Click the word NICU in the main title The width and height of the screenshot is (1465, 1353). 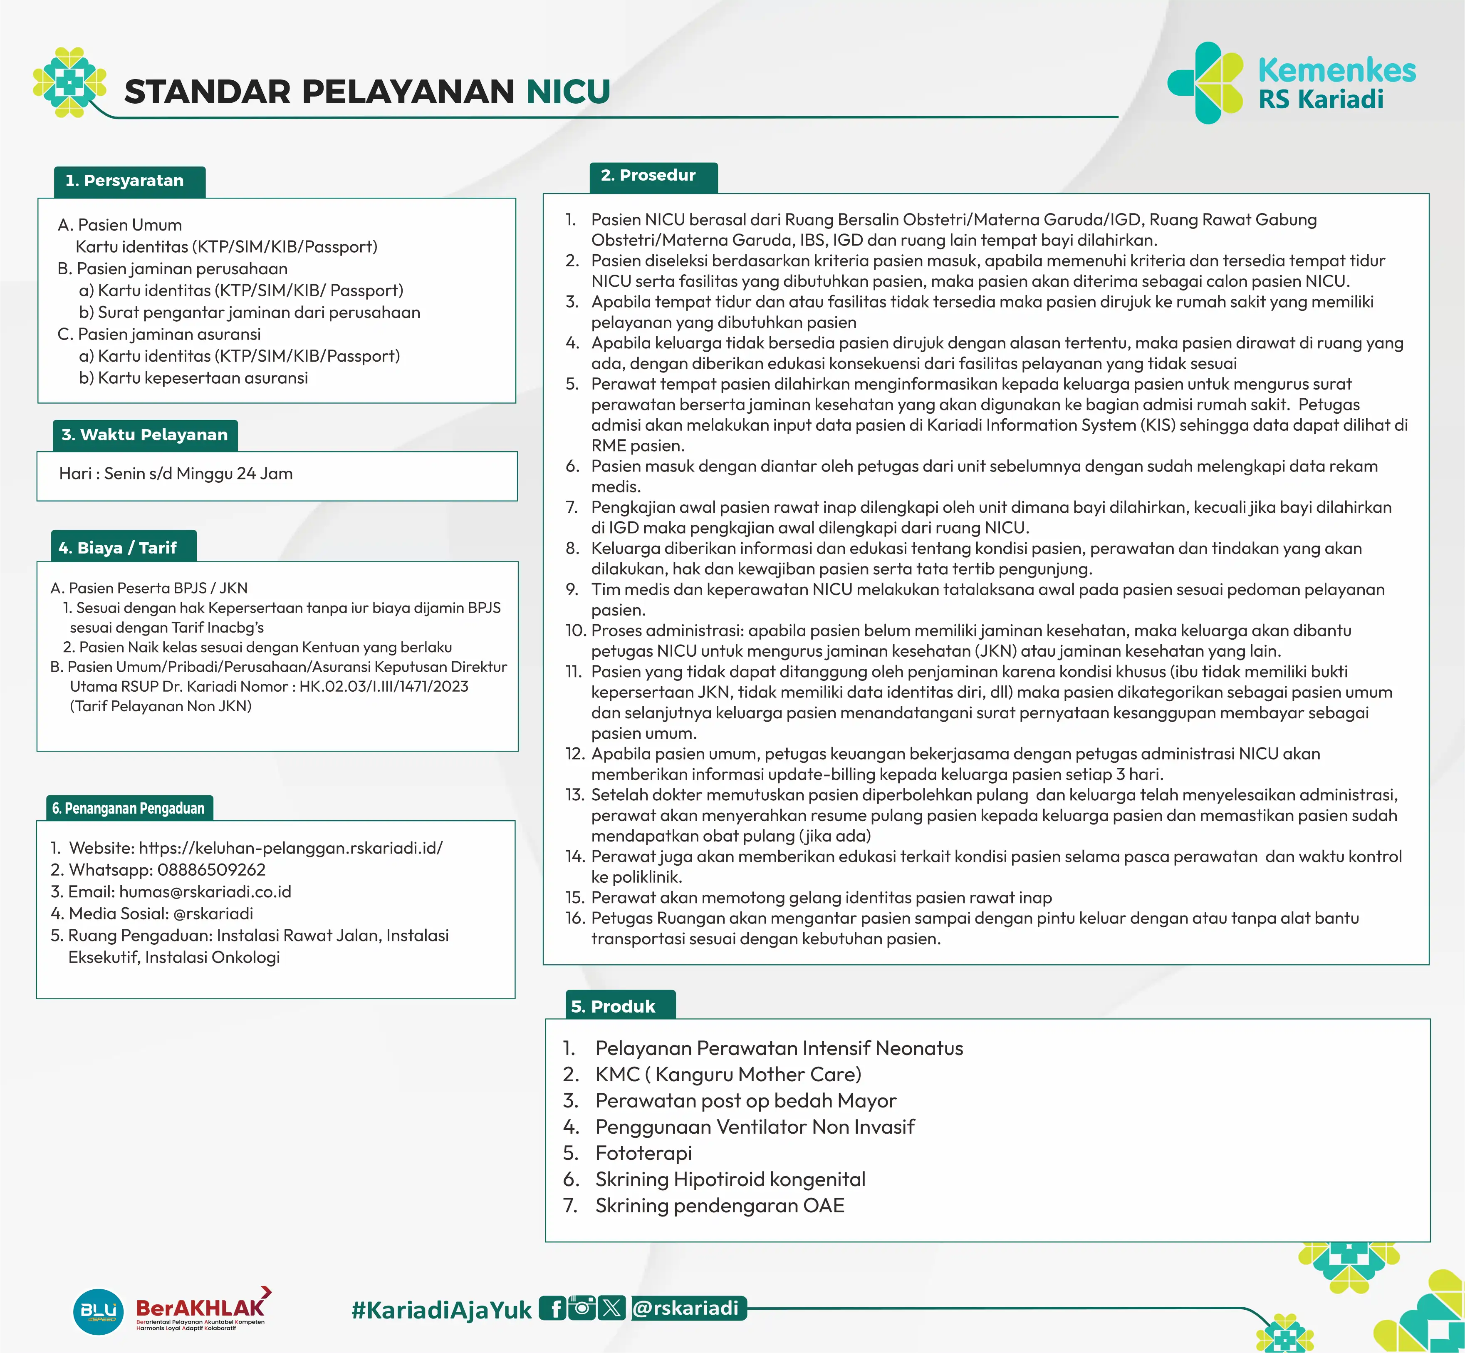568,92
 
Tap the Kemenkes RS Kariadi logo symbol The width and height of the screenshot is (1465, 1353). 1205,83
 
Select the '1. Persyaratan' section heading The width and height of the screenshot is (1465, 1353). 125,181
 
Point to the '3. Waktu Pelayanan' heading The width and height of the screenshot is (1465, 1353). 145,435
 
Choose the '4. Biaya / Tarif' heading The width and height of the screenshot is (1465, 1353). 118,548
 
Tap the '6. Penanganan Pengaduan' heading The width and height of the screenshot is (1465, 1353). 129,808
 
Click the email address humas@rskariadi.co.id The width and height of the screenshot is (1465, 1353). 205,892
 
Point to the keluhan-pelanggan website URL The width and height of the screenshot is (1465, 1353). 290,848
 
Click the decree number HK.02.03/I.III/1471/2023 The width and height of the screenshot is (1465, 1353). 384,687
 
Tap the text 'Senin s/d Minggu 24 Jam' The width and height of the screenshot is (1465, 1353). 198,474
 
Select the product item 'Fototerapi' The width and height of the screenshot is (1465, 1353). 643,1153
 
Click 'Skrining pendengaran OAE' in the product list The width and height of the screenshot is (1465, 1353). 719,1206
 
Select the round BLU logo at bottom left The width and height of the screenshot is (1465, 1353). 98,1311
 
